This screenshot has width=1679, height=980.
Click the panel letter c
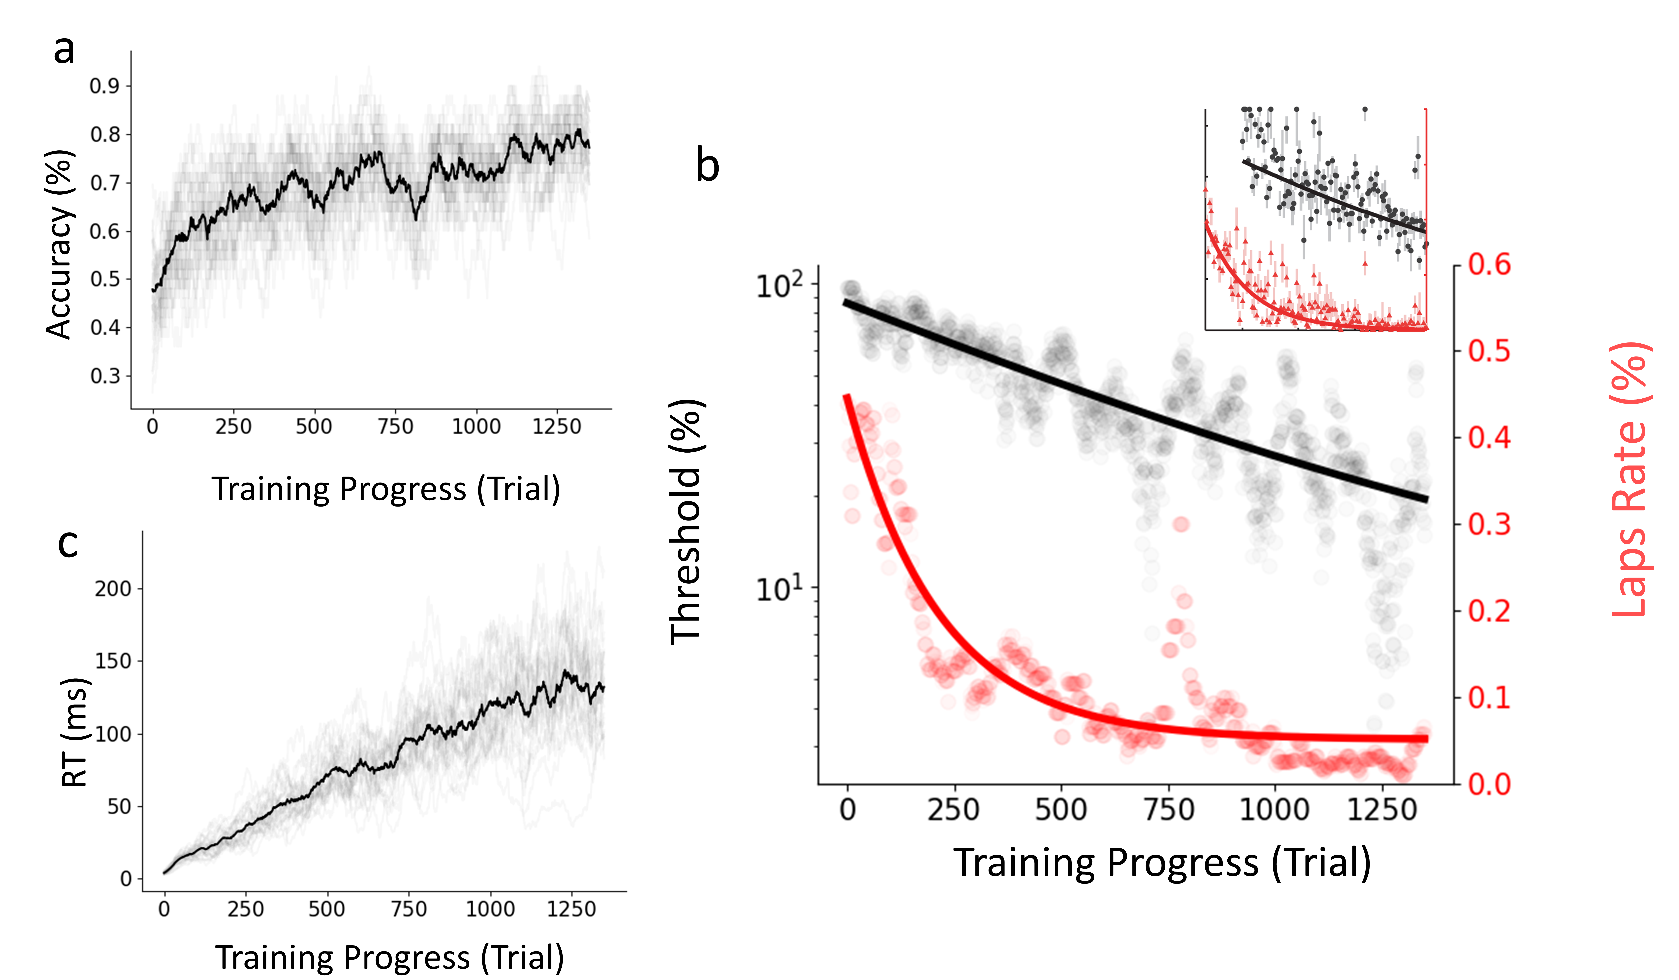(68, 543)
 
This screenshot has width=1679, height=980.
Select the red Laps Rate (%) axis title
(1630, 480)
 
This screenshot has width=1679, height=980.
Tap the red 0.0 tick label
(1490, 785)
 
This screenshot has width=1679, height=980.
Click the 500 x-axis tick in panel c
(327, 909)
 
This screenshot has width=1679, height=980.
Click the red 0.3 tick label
(1490, 525)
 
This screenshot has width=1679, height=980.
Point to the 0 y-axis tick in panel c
(126, 879)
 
